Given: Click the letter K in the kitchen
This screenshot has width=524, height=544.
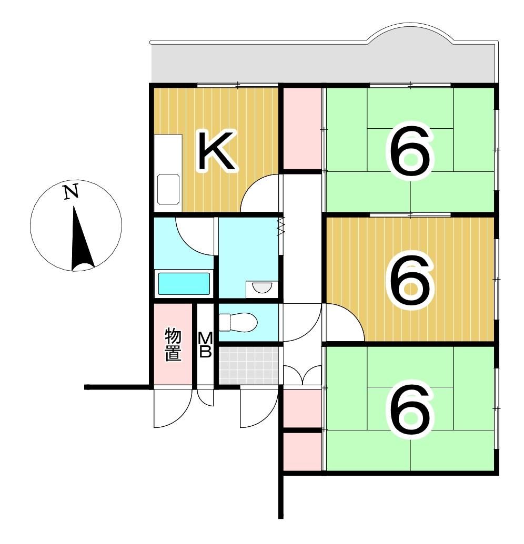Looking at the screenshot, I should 216,152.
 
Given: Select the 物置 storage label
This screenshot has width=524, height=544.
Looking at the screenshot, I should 173,345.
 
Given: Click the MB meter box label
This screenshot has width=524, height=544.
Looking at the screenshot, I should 205,345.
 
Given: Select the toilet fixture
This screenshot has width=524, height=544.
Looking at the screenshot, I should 237,322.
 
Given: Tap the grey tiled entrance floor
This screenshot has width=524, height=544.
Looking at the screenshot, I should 248,365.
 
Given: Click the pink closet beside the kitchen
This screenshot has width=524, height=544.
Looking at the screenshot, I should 302,128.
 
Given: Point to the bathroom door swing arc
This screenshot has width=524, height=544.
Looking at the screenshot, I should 192,234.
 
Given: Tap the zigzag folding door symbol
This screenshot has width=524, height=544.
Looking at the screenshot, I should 281,226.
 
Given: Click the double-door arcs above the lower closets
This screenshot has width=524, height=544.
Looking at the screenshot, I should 302,374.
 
